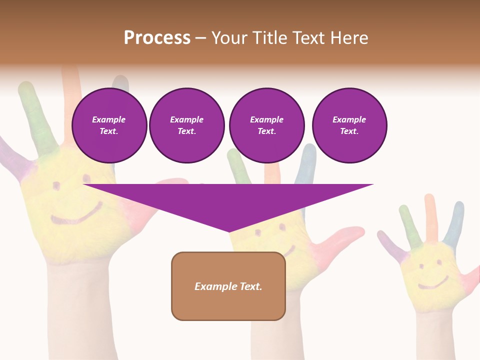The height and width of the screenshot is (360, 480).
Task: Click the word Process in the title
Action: coord(157,38)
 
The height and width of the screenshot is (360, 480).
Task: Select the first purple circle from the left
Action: coord(109,125)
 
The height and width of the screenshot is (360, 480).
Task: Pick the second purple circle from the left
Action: coord(187,125)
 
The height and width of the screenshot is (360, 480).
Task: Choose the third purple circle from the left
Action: coord(267,125)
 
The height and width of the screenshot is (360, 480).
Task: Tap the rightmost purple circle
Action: coord(349,125)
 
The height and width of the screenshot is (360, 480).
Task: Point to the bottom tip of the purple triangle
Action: coord(229,231)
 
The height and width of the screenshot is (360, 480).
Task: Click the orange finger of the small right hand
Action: coord(430,215)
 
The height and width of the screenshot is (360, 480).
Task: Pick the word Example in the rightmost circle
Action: coord(349,119)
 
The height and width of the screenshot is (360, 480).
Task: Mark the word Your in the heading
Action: coord(229,38)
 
